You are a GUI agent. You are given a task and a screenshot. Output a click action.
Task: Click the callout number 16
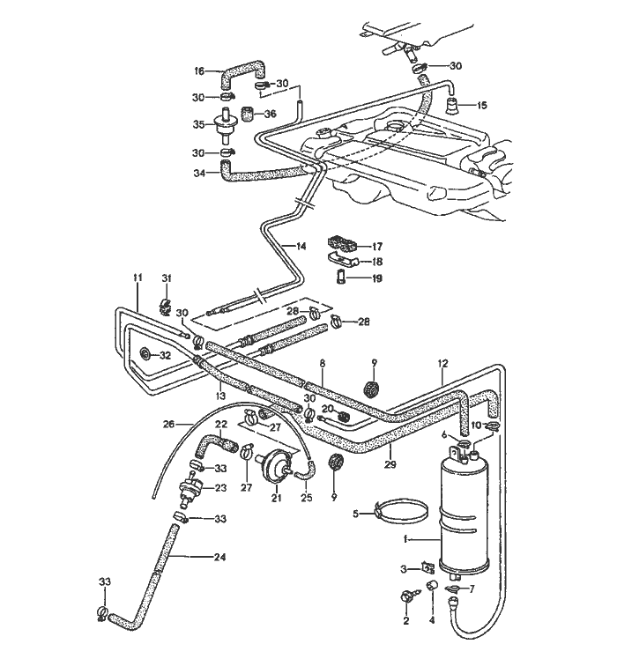[x=198, y=70]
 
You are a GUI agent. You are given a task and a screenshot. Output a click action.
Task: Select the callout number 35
[x=199, y=124]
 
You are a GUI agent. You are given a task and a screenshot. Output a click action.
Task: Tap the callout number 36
[x=270, y=113]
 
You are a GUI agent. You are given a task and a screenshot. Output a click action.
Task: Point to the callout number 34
[x=199, y=174]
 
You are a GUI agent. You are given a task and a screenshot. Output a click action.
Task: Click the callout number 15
[x=481, y=105]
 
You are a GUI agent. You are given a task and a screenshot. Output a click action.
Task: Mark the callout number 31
[x=164, y=279]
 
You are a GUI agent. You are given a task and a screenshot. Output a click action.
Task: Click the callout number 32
[x=165, y=355]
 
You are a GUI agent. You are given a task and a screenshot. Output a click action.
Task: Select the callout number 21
[x=276, y=499]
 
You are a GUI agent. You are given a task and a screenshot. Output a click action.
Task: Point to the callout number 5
[x=355, y=514]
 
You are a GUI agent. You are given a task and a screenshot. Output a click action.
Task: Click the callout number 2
[x=406, y=621]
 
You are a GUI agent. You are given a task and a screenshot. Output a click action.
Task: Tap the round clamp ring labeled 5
[x=404, y=511]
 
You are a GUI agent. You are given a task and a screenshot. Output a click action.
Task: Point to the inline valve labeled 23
[x=188, y=486]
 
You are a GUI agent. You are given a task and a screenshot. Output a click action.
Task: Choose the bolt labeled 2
[x=407, y=596]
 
